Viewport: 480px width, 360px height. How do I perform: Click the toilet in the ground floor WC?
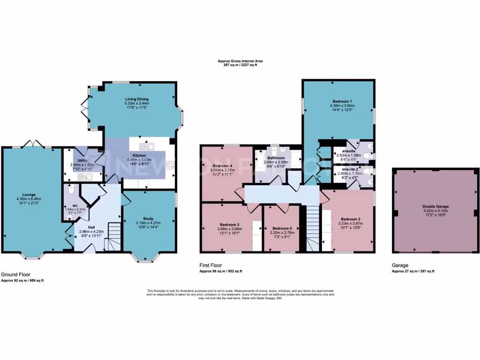tap(70, 190)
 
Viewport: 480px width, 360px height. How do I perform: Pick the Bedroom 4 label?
tap(222, 166)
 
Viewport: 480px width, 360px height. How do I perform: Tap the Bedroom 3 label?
tap(229, 225)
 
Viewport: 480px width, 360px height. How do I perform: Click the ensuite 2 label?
tap(351, 169)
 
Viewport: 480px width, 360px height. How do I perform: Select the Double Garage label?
tap(435, 206)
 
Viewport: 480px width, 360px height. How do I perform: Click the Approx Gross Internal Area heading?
tap(240, 61)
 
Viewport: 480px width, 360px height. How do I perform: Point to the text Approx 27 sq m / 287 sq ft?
tap(413, 271)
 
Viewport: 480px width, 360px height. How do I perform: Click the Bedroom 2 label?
tap(350, 219)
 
